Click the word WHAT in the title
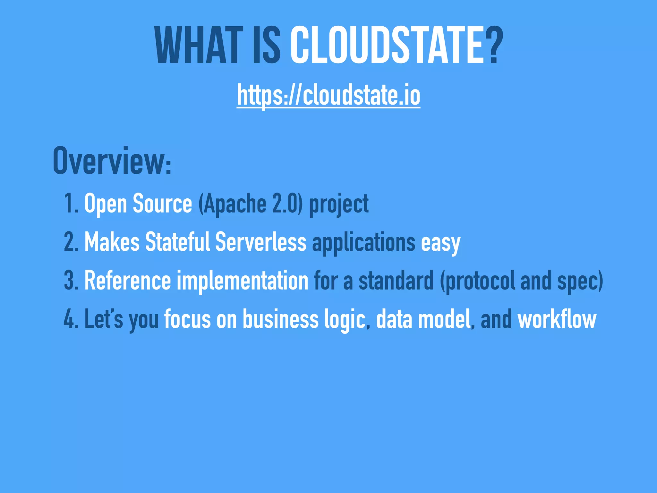[x=199, y=45]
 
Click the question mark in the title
[x=491, y=45]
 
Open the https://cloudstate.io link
[x=328, y=95]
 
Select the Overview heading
[x=112, y=161]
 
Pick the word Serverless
[x=261, y=242]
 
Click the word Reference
[x=128, y=281]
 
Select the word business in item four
[x=280, y=319]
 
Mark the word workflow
[x=557, y=319]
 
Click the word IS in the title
[x=267, y=45]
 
